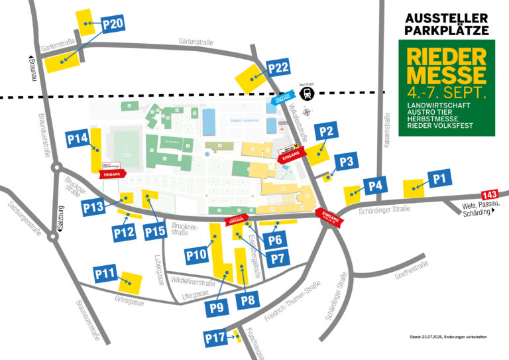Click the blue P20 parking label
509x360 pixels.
(113, 25)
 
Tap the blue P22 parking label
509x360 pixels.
(278, 68)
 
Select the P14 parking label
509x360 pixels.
(77, 139)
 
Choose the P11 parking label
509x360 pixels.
(105, 273)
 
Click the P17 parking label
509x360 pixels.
(215, 339)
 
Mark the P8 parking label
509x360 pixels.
(248, 300)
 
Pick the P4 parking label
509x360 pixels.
(375, 186)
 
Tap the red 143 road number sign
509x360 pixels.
(489, 195)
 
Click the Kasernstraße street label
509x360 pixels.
(388, 129)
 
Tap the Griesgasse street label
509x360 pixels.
(129, 300)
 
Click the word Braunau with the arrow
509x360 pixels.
(28, 70)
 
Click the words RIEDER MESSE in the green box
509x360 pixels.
(446, 64)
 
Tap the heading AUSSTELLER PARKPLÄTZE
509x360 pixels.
(446, 24)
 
